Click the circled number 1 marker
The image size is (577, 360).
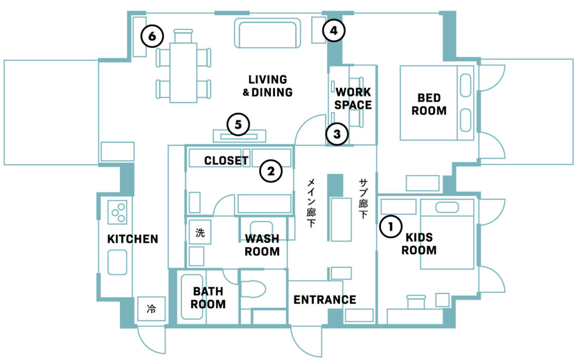click(390, 226)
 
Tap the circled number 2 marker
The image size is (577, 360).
click(271, 171)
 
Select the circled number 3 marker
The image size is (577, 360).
click(337, 134)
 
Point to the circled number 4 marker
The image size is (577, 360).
click(334, 30)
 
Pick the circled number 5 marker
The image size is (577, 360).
click(238, 125)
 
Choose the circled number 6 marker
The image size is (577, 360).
click(152, 36)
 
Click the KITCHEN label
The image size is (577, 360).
click(132, 239)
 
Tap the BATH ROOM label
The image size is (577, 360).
click(208, 298)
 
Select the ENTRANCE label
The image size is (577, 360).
click(325, 300)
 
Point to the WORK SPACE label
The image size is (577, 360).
click(353, 98)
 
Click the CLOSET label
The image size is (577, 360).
click(227, 161)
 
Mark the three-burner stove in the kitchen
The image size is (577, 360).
click(117, 212)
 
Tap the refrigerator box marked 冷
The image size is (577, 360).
click(151, 309)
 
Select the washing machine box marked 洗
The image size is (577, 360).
click(200, 232)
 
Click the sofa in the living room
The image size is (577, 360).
click(268, 33)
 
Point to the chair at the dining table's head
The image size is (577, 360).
click(183, 36)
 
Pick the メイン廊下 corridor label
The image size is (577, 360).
click(311, 203)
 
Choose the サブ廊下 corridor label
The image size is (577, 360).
click(363, 199)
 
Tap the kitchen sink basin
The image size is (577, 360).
click(117, 263)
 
